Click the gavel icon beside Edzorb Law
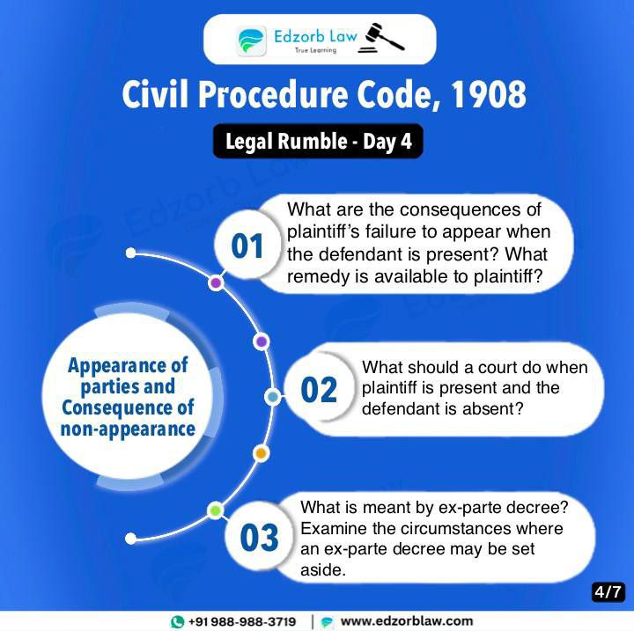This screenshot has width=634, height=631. (381, 38)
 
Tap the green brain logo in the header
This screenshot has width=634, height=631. (251, 40)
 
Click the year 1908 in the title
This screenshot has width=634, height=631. (489, 95)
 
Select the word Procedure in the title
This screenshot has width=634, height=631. (272, 95)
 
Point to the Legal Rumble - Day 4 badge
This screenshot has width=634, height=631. (318, 141)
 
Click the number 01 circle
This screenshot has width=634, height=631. (247, 245)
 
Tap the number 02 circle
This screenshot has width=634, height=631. (319, 389)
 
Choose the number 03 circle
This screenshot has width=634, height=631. (259, 537)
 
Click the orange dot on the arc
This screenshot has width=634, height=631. (261, 453)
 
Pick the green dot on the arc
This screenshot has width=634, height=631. (216, 510)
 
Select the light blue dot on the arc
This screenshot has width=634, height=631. (273, 397)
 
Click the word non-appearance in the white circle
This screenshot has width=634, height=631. (128, 429)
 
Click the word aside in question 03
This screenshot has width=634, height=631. (323, 570)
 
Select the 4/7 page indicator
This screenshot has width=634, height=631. (608, 592)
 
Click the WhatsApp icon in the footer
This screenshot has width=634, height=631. (177, 621)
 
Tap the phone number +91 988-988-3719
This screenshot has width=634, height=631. (242, 621)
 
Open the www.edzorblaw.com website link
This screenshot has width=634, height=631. (406, 621)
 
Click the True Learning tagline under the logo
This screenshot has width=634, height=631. (315, 50)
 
